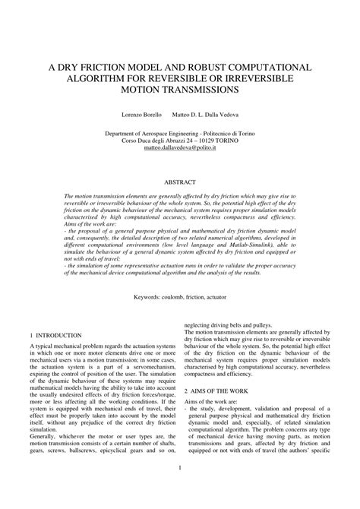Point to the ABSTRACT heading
180,182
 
